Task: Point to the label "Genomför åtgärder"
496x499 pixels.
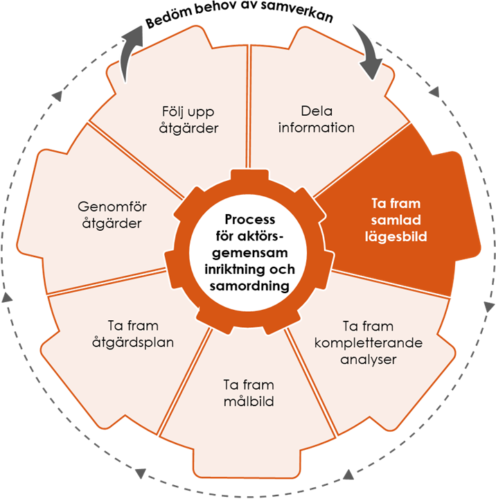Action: (x=112, y=214)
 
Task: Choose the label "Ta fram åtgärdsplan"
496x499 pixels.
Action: (x=134, y=334)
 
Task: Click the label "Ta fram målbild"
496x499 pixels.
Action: (x=248, y=393)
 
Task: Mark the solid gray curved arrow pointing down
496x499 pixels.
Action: (x=368, y=51)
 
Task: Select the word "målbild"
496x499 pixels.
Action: (x=248, y=401)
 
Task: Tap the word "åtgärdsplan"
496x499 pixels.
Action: (x=134, y=342)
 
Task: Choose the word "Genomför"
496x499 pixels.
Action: (x=112, y=206)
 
